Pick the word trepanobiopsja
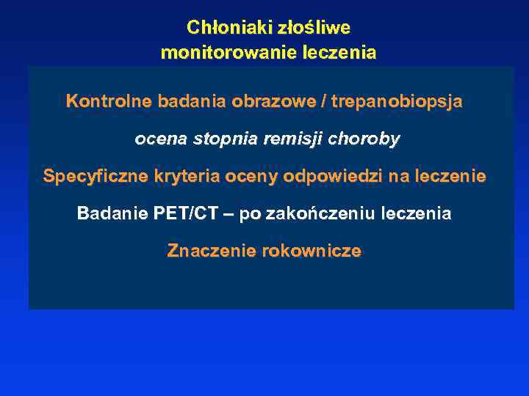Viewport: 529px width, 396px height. coord(397,101)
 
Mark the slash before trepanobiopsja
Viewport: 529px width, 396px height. coord(324,101)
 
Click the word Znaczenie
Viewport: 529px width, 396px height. coord(207,252)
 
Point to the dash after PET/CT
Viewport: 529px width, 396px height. coord(228,214)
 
